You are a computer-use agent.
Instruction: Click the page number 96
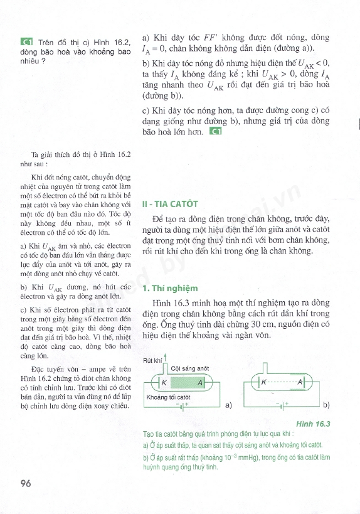tap(26, 483)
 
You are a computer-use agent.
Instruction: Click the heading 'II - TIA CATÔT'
tap(170, 204)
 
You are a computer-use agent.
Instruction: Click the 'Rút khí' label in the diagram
tap(152, 360)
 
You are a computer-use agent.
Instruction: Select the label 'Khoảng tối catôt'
tap(167, 397)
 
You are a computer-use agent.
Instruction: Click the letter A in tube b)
tap(300, 382)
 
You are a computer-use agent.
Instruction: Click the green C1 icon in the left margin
tap(26, 43)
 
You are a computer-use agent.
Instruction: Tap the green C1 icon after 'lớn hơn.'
tap(216, 132)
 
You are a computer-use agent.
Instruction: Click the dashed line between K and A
tap(282, 382)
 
